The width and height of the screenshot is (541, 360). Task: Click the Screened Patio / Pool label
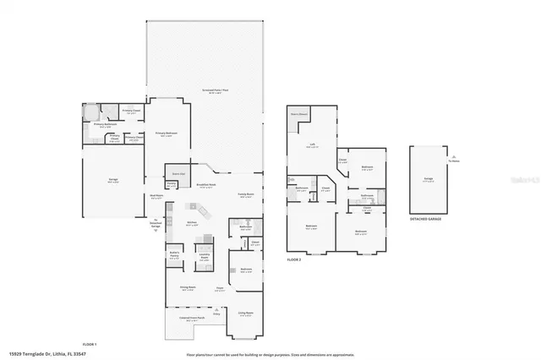[x=205, y=90]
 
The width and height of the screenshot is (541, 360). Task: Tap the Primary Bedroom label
[x=163, y=134]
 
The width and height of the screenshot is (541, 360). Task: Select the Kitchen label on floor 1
[x=192, y=224]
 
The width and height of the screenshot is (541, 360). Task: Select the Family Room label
[x=245, y=195]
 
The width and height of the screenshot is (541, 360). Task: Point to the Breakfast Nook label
[x=205, y=186]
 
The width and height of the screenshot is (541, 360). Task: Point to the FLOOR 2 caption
[x=294, y=259]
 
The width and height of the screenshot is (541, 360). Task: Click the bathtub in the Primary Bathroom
[x=90, y=113]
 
